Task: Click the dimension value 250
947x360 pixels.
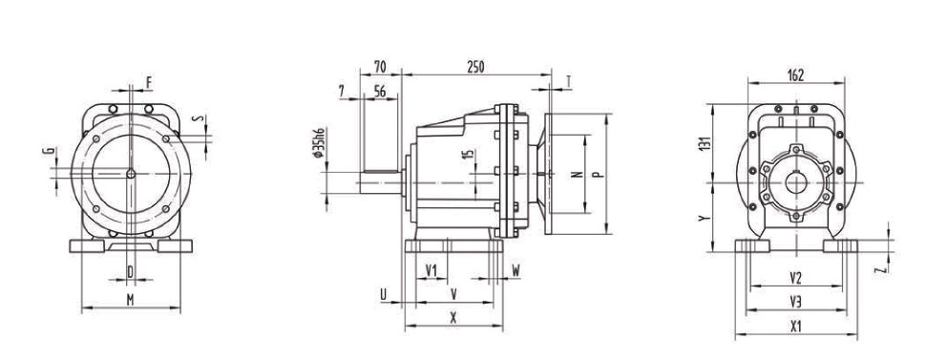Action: (475, 67)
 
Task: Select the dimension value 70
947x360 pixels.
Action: (381, 67)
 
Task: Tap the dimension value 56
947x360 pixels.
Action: (380, 92)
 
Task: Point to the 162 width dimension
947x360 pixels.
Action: (795, 75)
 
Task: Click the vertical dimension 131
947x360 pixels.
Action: (705, 143)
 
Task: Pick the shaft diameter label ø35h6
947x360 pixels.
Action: (320, 143)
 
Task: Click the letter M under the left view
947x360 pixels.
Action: (130, 300)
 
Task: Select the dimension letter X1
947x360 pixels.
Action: (795, 327)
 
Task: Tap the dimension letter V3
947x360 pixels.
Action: (795, 302)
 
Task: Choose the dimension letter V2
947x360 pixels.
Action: (795, 278)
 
